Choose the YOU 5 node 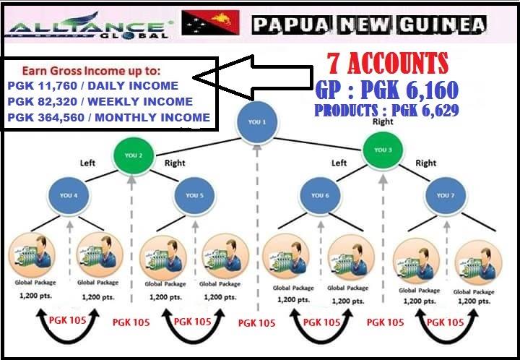(x=193, y=194)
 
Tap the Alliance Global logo (x=90, y=27)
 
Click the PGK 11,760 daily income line (x=92, y=86)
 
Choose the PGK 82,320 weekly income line (x=100, y=102)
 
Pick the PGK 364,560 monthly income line (x=108, y=117)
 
